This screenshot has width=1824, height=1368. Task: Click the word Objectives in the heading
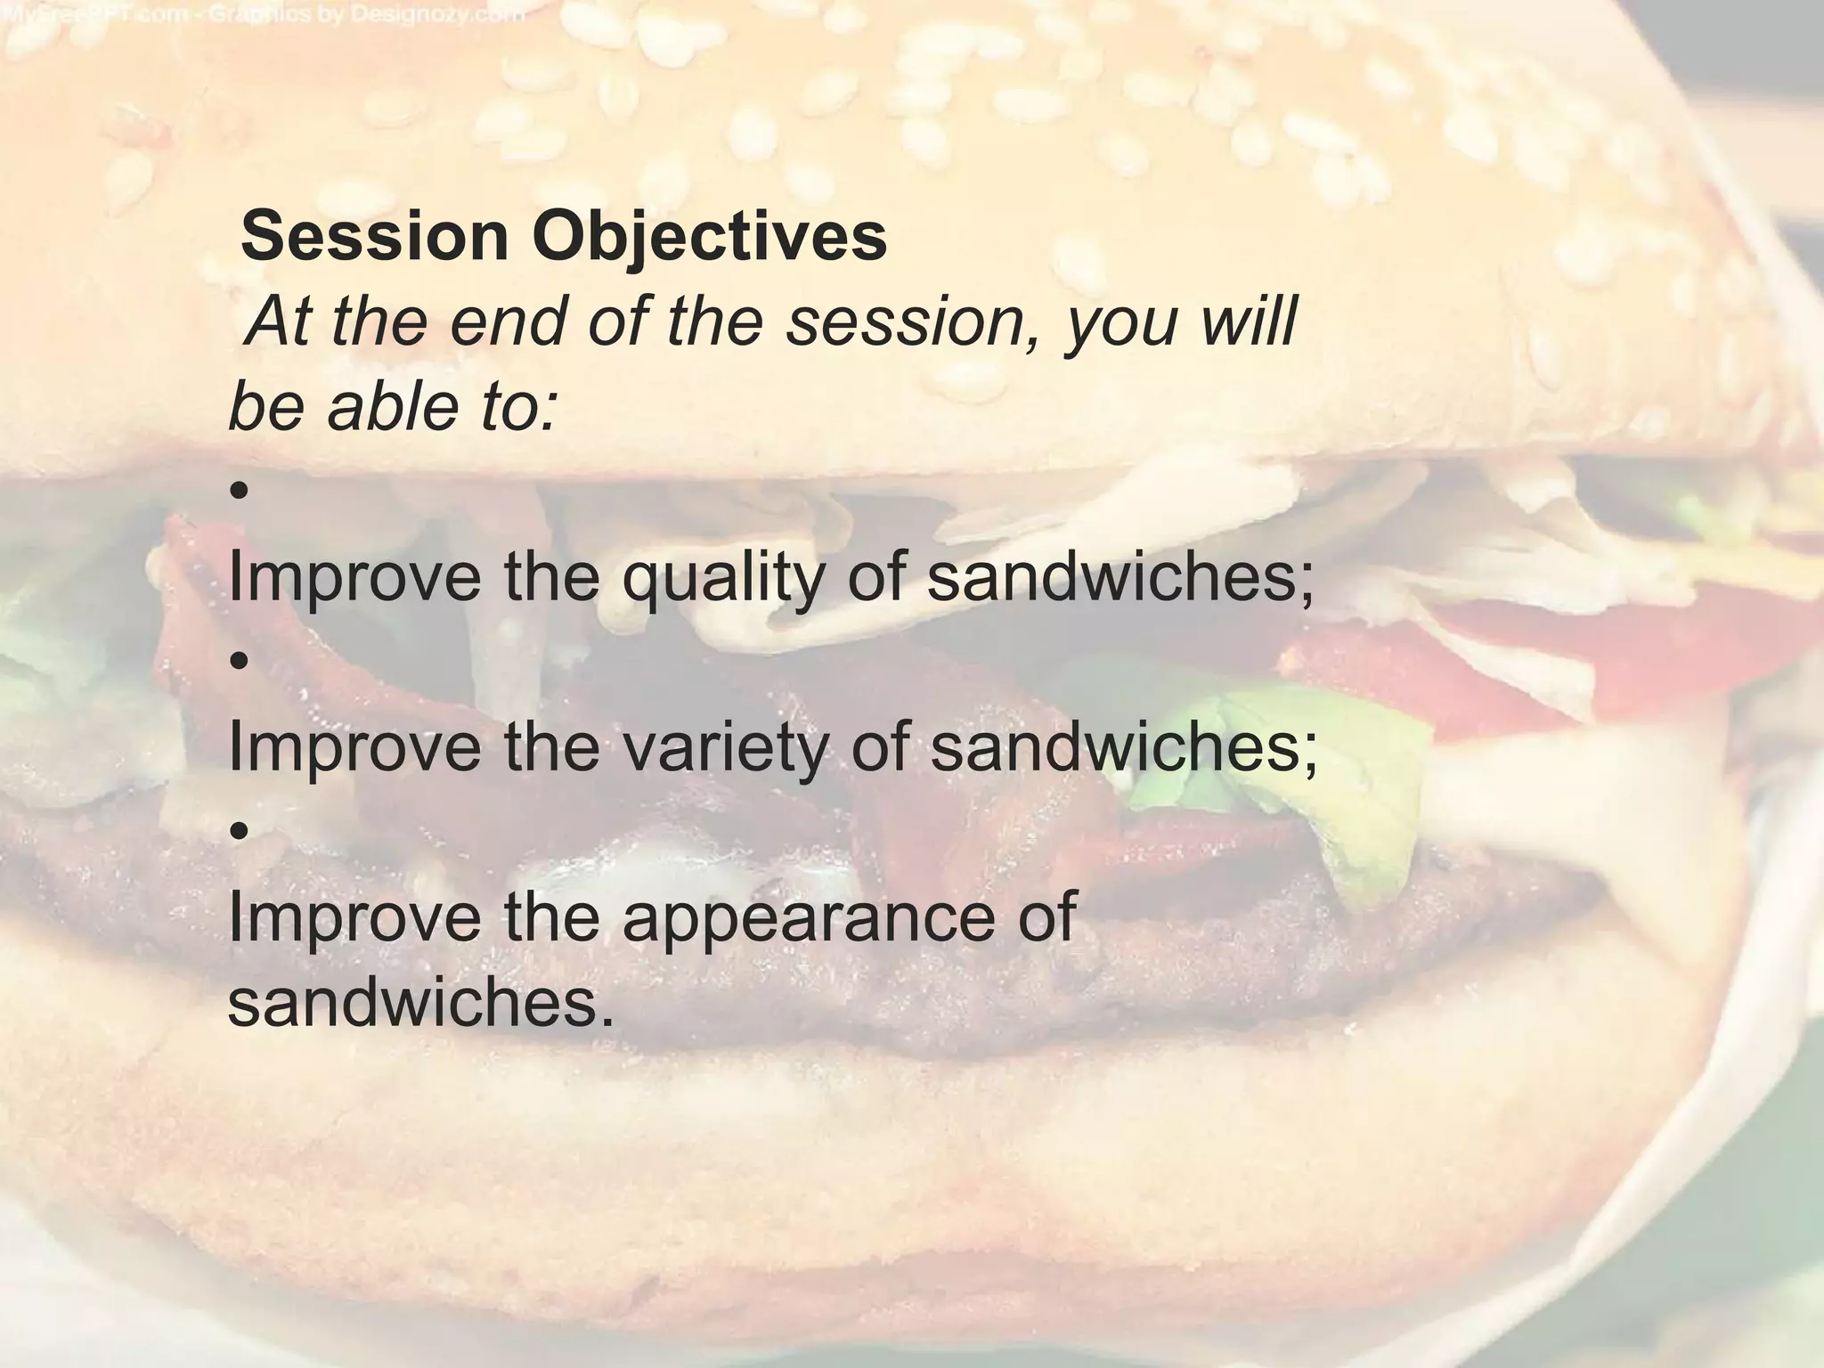[x=710, y=238]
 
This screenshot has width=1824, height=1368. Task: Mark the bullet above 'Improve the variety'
[x=237, y=661]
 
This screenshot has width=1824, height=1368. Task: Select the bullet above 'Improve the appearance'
[x=237, y=832]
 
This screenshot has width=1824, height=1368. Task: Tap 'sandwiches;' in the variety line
[x=1123, y=748]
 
